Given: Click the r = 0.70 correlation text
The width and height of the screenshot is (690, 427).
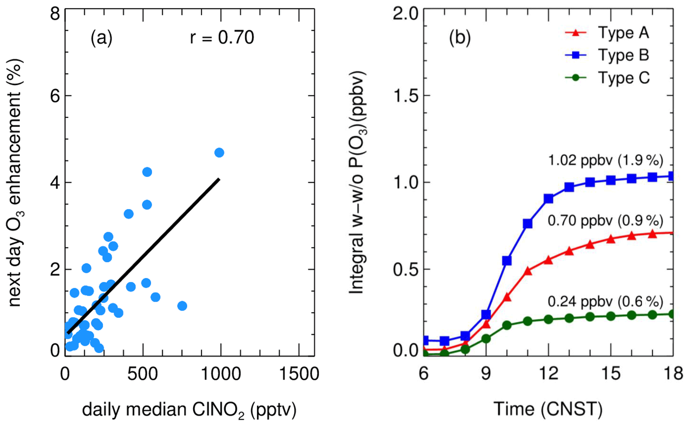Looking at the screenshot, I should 222,37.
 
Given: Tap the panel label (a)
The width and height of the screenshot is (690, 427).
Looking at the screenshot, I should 101,38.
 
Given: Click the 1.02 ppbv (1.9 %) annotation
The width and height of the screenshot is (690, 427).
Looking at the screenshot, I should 605,161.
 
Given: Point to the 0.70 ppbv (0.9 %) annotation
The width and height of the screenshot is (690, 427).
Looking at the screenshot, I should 605,221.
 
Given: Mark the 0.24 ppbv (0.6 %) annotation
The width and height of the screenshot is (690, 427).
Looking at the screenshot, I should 605,302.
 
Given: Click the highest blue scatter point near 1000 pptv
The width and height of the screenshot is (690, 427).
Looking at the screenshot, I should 219,153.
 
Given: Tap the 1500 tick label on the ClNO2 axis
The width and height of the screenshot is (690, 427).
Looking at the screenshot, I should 299,373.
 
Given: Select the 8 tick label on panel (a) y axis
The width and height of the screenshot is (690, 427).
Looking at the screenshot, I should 55,14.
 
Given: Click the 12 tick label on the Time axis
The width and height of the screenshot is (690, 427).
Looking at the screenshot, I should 548,373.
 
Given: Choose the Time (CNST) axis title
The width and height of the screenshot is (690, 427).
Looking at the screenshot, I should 548,409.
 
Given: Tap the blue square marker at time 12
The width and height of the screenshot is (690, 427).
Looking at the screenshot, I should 548,199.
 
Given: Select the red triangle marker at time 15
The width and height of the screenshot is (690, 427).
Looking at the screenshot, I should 611,239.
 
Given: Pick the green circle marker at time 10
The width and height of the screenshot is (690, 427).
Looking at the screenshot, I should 507,325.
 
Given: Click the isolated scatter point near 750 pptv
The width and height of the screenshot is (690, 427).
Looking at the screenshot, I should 182,306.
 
